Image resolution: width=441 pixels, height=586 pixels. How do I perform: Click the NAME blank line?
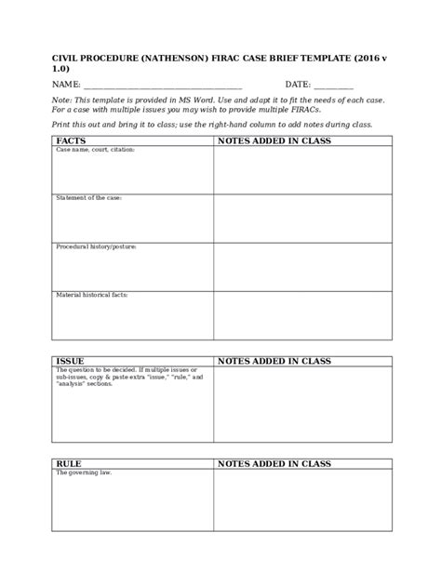(163, 86)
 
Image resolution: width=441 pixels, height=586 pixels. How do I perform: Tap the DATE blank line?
(333, 86)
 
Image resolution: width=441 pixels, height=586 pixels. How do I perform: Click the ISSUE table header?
(71, 361)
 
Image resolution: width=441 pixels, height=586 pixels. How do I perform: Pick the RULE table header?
(70, 463)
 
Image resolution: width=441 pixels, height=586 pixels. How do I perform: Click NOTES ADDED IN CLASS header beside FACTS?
(274, 140)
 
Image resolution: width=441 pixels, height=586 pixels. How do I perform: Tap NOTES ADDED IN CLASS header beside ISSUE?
(274, 361)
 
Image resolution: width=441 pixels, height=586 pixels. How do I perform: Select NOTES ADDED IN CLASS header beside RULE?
(274, 463)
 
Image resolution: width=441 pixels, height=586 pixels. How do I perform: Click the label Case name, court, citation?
(95, 150)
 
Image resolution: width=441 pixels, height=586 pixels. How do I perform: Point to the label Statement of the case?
(89, 198)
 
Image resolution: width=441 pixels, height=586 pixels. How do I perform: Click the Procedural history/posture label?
(96, 246)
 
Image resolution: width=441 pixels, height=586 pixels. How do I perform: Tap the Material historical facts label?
(92, 295)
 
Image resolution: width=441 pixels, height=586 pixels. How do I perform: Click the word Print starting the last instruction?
(60, 124)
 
